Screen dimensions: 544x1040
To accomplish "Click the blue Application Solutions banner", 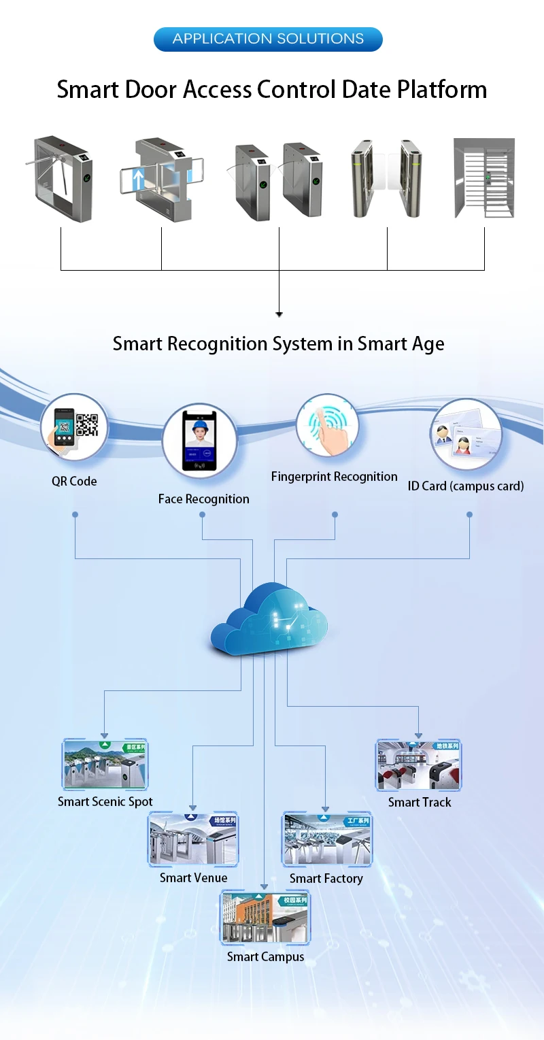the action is pos(268,39).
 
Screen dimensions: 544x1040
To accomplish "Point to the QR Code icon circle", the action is pos(74,429).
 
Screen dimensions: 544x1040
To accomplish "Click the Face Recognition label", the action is pos(203,499).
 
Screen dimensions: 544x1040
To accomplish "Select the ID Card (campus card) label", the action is pos(466,486).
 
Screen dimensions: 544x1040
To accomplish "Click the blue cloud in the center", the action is pos(269,621).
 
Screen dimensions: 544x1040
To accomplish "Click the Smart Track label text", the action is pos(420,803).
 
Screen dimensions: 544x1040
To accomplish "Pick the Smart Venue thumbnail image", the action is pos(193,839).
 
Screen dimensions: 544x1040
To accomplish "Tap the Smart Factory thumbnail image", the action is pos(326,839).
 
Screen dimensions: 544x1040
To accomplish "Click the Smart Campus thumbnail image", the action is pos(265,917).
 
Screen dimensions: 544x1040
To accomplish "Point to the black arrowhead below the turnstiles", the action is pos(279,314).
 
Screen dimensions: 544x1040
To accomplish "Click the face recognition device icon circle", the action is pos(200,440).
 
